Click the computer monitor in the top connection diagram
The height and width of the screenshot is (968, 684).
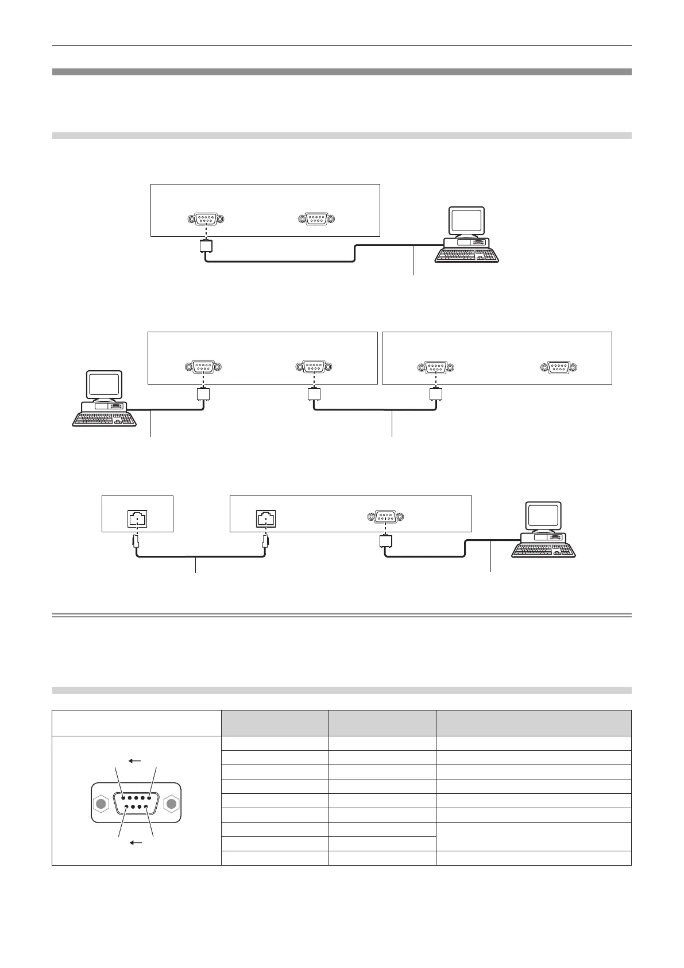pyautogui.click(x=467, y=221)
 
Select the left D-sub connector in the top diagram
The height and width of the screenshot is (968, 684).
pyautogui.click(x=206, y=219)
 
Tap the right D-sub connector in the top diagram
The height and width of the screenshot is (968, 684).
pyautogui.click(x=316, y=219)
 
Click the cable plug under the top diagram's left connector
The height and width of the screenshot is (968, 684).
pyautogui.click(x=206, y=247)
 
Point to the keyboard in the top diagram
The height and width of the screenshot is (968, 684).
pyautogui.click(x=467, y=255)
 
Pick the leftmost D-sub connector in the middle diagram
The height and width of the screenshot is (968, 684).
pyautogui.click(x=203, y=367)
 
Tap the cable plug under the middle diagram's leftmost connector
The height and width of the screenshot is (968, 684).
pyautogui.click(x=203, y=394)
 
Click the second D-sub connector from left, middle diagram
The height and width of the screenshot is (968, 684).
pyautogui.click(x=314, y=367)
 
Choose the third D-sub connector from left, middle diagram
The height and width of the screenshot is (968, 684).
pyautogui.click(x=435, y=367)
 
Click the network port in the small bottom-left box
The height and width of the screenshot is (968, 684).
pyautogui.click(x=137, y=519)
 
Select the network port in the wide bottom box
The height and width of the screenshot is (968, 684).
pyautogui.click(x=266, y=519)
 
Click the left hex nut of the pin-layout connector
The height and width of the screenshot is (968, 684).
pyautogui.click(x=102, y=804)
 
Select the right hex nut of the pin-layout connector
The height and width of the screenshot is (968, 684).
pyautogui.click(x=171, y=804)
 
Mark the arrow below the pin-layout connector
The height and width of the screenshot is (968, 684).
pyautogui.click(x=136, y=843)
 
